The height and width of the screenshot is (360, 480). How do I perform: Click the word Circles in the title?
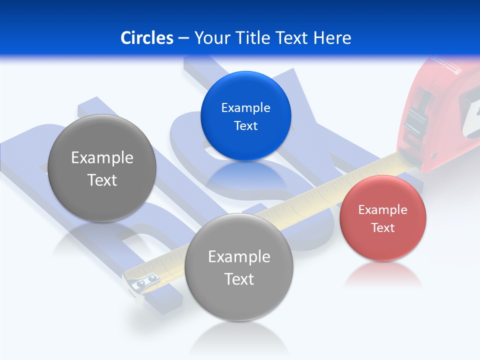click(x=146, y=38)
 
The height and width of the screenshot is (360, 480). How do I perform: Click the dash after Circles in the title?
click(x=183, y=38)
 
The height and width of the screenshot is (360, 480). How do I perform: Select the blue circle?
click(x=245, y=116)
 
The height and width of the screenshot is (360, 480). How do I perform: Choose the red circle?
click(x=382, y=218)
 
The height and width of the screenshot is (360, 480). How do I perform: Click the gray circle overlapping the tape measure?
click(x=239, y=267)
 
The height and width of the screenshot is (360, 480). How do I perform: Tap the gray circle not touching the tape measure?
click(x=102, y=168)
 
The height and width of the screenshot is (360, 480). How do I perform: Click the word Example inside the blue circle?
click(x=245, y=107)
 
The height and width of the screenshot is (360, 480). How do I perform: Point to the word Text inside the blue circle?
click(x=245, y=125)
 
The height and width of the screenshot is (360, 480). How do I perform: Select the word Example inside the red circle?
click(x=382, y=209)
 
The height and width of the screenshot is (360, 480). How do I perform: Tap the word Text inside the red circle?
click(x=382, y=227)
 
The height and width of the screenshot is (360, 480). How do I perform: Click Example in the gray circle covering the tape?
click(x=239, y=256)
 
